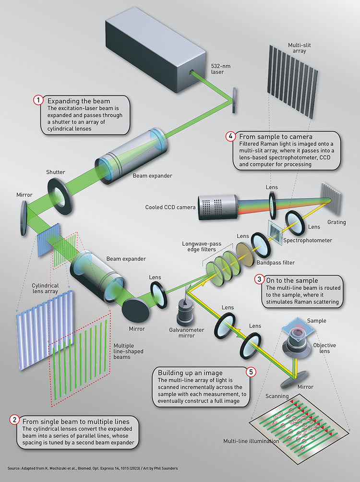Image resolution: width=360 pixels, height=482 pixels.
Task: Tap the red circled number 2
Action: [x=15, y=421]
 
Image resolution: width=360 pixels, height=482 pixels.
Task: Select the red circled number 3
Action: [x=259, y=280]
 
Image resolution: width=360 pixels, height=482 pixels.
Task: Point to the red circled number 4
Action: [x=229, y=136]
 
